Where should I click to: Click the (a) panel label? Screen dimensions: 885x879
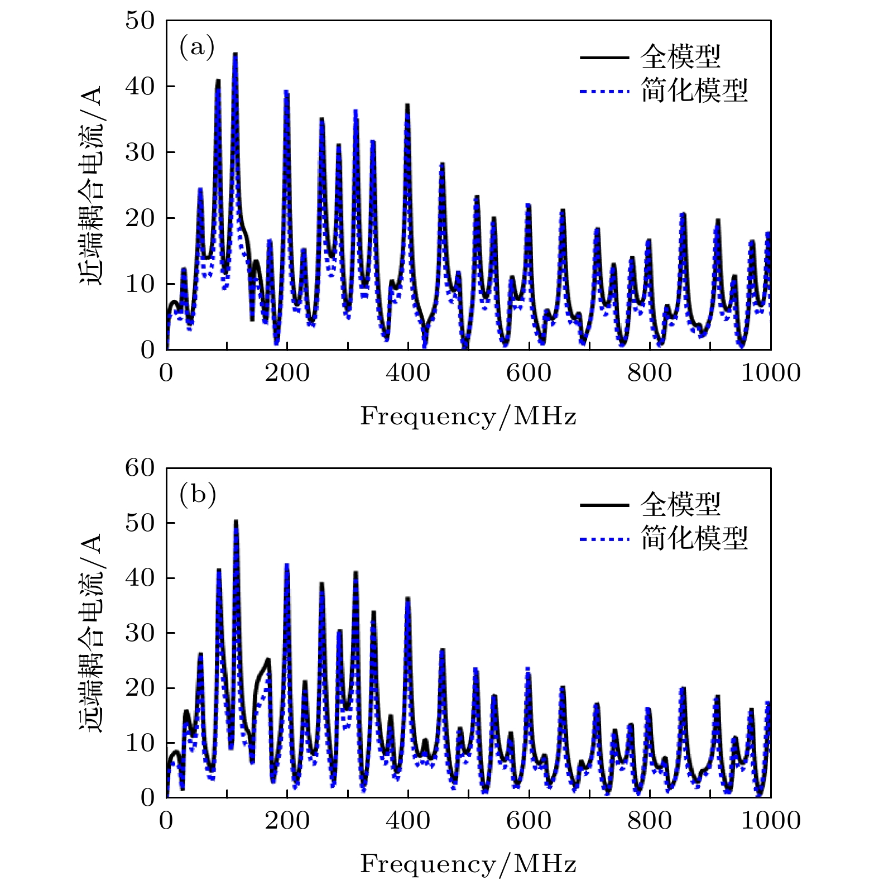coord(196,47)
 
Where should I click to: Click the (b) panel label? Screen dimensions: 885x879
coord(197,495)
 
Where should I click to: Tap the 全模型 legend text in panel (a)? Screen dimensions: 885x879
coord(680,56)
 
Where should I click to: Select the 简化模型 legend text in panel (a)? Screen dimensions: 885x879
coord(694,90)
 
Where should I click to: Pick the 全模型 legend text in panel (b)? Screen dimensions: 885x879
coord(680,504)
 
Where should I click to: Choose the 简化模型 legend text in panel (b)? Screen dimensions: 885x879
coord(694,538)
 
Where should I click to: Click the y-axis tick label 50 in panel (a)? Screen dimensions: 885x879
coord(140,21)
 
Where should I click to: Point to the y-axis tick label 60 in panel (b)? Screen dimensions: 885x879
coord(140,468)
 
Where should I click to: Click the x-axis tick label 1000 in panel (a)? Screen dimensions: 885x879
coord(770,373)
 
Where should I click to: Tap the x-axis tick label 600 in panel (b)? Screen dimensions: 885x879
coord(529,821)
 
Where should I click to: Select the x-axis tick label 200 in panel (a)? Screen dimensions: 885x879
coord(287,373)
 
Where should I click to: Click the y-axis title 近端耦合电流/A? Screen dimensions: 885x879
coord(91,185)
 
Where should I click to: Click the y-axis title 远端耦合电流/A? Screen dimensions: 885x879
coord(91,633)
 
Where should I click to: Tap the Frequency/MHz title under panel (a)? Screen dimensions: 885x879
coord(468,417)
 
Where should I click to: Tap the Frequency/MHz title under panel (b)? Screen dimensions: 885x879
coord(468,864)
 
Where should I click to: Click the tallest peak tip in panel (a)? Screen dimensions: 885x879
coord(236,54)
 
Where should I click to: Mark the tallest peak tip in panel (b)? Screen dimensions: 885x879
coord(236,522)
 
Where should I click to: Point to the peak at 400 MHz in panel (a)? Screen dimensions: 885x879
coord(407,106)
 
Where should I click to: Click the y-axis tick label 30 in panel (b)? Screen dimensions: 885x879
coord(140,633)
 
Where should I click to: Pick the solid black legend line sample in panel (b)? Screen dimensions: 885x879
coord(604,505)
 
